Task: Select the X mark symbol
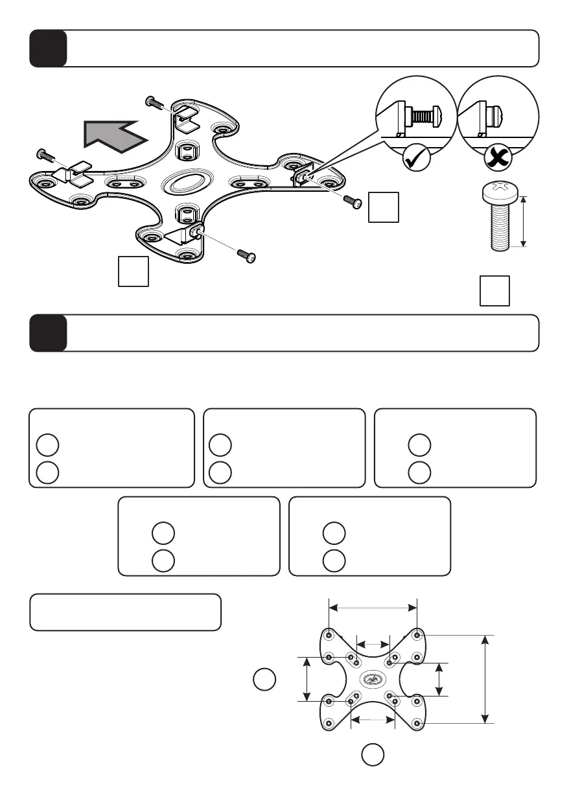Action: tap(498, 157)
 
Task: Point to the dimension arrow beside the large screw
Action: tap(524, 221)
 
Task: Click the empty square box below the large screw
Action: tap(494, 290)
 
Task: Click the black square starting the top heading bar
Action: tap(48, 48)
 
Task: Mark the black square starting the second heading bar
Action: tap(48, 333)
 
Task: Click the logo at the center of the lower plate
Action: tap(373, 679)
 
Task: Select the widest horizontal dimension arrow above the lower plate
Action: tap(373, 608)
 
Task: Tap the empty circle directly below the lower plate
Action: tap(372, 754)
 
